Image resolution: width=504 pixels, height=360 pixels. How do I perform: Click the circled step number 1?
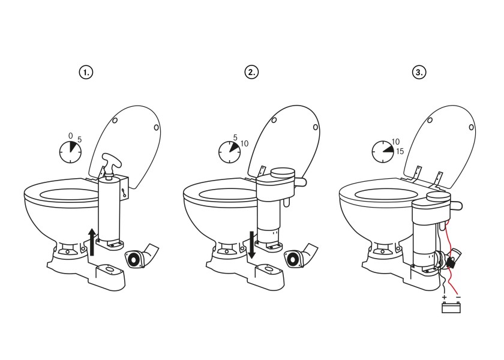(86, 72)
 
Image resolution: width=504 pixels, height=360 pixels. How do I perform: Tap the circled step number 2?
(251, 72)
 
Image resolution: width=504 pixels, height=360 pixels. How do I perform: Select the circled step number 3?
(419, 72)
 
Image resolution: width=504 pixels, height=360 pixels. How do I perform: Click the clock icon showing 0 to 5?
(70, 152)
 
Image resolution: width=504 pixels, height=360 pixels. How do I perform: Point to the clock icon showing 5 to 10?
(229, 152)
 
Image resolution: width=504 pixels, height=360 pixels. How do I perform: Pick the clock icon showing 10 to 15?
(382, 152)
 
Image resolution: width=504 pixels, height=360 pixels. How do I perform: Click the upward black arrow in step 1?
(92, 241)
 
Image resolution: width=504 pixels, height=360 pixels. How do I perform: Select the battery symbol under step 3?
(451, 308)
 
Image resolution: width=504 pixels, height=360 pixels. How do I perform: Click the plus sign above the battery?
(444, 298)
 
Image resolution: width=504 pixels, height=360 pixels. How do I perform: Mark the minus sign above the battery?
(458, 298)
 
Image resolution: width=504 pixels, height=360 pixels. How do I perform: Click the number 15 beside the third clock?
(400, 151)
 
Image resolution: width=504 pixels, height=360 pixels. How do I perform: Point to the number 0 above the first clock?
(70, 136)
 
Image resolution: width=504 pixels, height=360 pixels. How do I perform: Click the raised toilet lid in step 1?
(129, 144)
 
